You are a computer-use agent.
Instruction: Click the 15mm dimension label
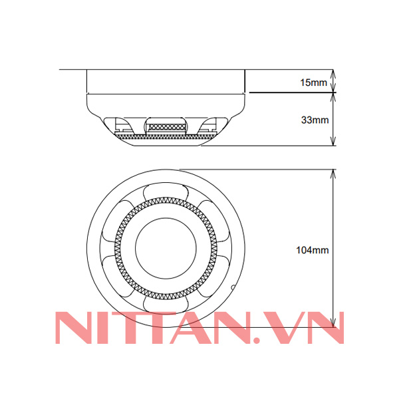click(x=313, y=82)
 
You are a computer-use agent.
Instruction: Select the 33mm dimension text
click(x=313, y=120)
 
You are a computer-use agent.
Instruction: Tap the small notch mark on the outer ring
click(x=233, y=287)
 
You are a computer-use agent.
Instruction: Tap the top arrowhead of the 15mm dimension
click(x=332, y=72)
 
